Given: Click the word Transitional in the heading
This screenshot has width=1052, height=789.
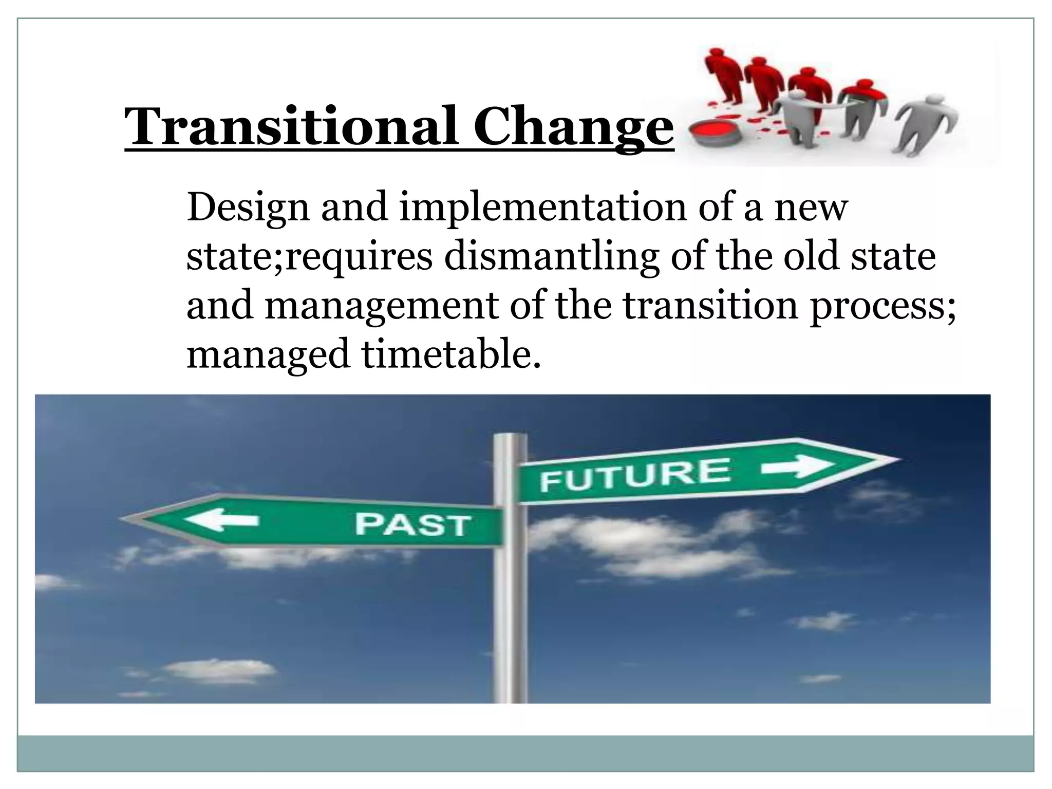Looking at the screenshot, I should [x=290, y=126].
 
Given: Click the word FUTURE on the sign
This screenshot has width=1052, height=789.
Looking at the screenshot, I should [x=634, y=475].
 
